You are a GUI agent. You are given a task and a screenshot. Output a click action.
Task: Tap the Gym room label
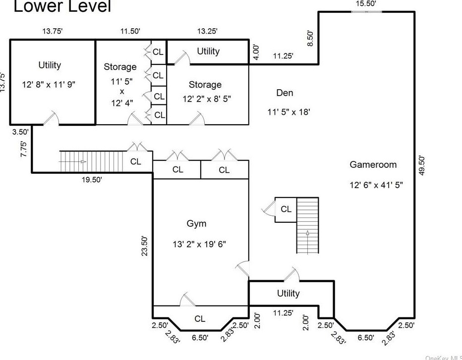(x=196, y=223)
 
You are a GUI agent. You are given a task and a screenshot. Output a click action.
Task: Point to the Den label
(x=285, y=93)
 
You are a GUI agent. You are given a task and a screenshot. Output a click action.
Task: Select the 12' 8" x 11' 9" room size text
(x=50, y=84)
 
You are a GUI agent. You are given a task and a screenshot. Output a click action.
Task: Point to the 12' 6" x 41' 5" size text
(x=376, y=185)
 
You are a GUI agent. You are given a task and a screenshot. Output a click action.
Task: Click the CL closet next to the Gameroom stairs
(x=286, y=209)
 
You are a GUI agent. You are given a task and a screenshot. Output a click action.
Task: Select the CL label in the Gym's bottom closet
(x=200, y=319)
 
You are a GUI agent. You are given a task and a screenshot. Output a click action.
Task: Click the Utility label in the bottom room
(x=288, y=293)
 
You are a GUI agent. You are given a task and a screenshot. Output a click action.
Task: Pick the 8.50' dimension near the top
(x=310, y=38)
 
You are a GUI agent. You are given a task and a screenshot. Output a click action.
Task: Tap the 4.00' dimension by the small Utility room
(x=256, y=52)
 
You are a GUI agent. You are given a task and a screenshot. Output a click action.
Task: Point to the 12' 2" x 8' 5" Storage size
(x=207, y=99)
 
